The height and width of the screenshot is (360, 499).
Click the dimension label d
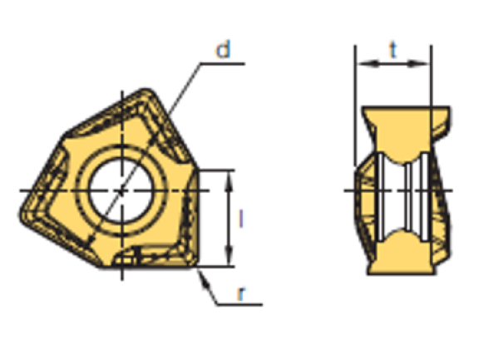click(x=222, y=50)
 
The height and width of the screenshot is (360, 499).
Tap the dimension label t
click(x=393, y=50)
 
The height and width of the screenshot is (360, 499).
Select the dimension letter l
click(x=240, y=219)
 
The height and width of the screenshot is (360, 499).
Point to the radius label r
click(x=240, y=293)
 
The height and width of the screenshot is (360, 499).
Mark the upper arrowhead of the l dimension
click(x=227, y=175)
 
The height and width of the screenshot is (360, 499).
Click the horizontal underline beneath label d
click(x=218, y=62)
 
